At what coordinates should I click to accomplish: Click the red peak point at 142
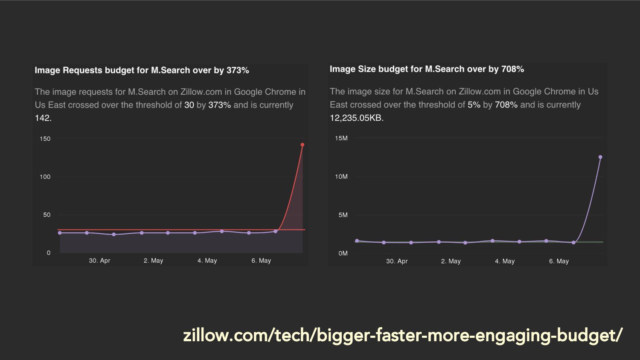(x=303, y=145)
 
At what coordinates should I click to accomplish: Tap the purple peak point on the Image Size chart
(x=600, y=157)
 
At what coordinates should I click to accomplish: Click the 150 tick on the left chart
(x=45, y=139)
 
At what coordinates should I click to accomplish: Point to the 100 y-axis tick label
(x=45, y=177)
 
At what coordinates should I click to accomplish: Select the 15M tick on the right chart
(x=341, y=138)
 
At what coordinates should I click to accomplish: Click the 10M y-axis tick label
(x=341, y=177)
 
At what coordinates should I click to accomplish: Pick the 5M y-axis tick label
(x=343, y=215)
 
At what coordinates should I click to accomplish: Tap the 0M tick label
(x=343, y=253)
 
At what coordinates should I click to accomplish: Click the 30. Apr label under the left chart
(x=99, y=261)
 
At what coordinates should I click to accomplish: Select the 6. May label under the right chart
(x=559, y=261)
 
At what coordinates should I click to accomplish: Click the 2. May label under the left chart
(x=153, y=261)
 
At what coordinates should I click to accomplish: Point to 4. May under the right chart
(x=505, y=261)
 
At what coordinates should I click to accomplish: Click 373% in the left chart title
(x=238, y=70)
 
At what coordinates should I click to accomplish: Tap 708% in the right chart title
(x=512, y=69)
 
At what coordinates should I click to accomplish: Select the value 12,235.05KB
(x=356, y=118)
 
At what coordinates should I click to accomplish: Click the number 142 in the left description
(x=42, y=118)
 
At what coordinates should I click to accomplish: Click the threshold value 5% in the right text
(x=474, y=105)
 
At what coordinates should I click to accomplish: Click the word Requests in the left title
(x=81, y=70)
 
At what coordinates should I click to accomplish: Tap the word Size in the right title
(x=367, y=69)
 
